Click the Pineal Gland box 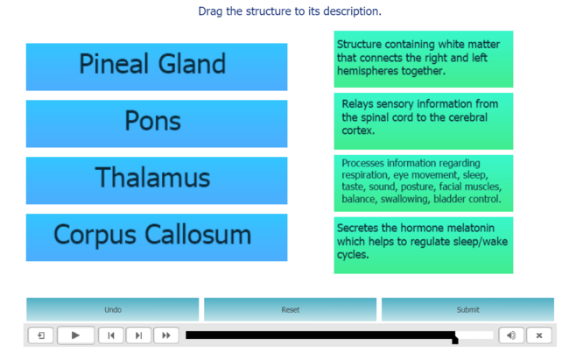157,67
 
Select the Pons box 157,124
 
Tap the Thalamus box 157,180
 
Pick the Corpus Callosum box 157,237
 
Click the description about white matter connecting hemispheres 423,60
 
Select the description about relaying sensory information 423,122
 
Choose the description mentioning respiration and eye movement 423,183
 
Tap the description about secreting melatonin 423,245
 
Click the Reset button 291,309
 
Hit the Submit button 467,309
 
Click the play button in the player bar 75,335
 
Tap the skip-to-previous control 111,335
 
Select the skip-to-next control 138,335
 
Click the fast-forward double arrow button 166,335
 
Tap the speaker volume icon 511,335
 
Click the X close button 539,335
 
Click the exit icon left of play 41,335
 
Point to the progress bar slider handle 455,337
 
